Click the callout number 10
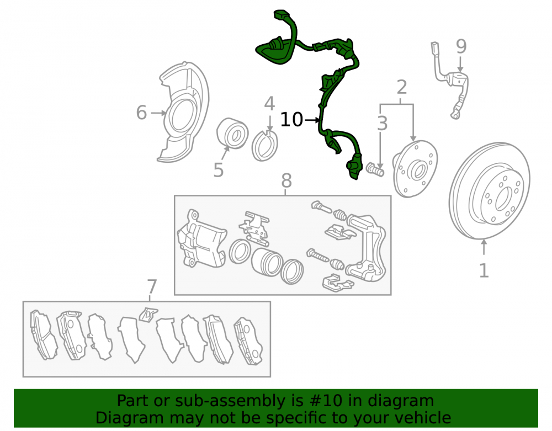[291, 120]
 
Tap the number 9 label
[461, 47]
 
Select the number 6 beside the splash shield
[141, 113]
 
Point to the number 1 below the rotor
[484, 270]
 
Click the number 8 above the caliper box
[286, 180]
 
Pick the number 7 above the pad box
[152, 286]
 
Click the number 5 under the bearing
[219, 170]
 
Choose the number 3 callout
[383, 124]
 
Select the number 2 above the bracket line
[402, 87]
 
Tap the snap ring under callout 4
[265, 146]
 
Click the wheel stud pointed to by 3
[375, 169]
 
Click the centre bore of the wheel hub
[418, 171]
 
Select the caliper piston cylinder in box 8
[267, 262]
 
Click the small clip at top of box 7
[148, 314]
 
